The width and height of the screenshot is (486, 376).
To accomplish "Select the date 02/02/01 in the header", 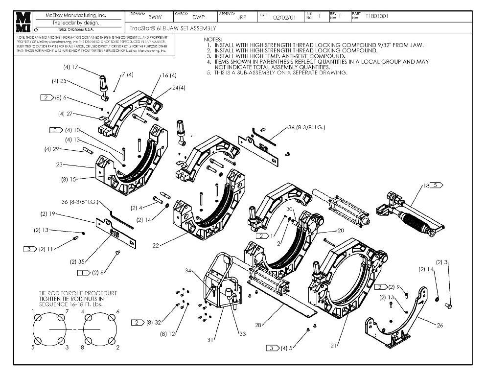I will pos(284,17).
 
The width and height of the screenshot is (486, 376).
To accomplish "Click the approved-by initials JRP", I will pos(241,17).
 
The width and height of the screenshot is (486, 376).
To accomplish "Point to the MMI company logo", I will pos(24,22).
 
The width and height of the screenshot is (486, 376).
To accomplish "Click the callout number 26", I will pos(439,325).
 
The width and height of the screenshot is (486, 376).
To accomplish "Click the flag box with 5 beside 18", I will pos(437,186).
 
